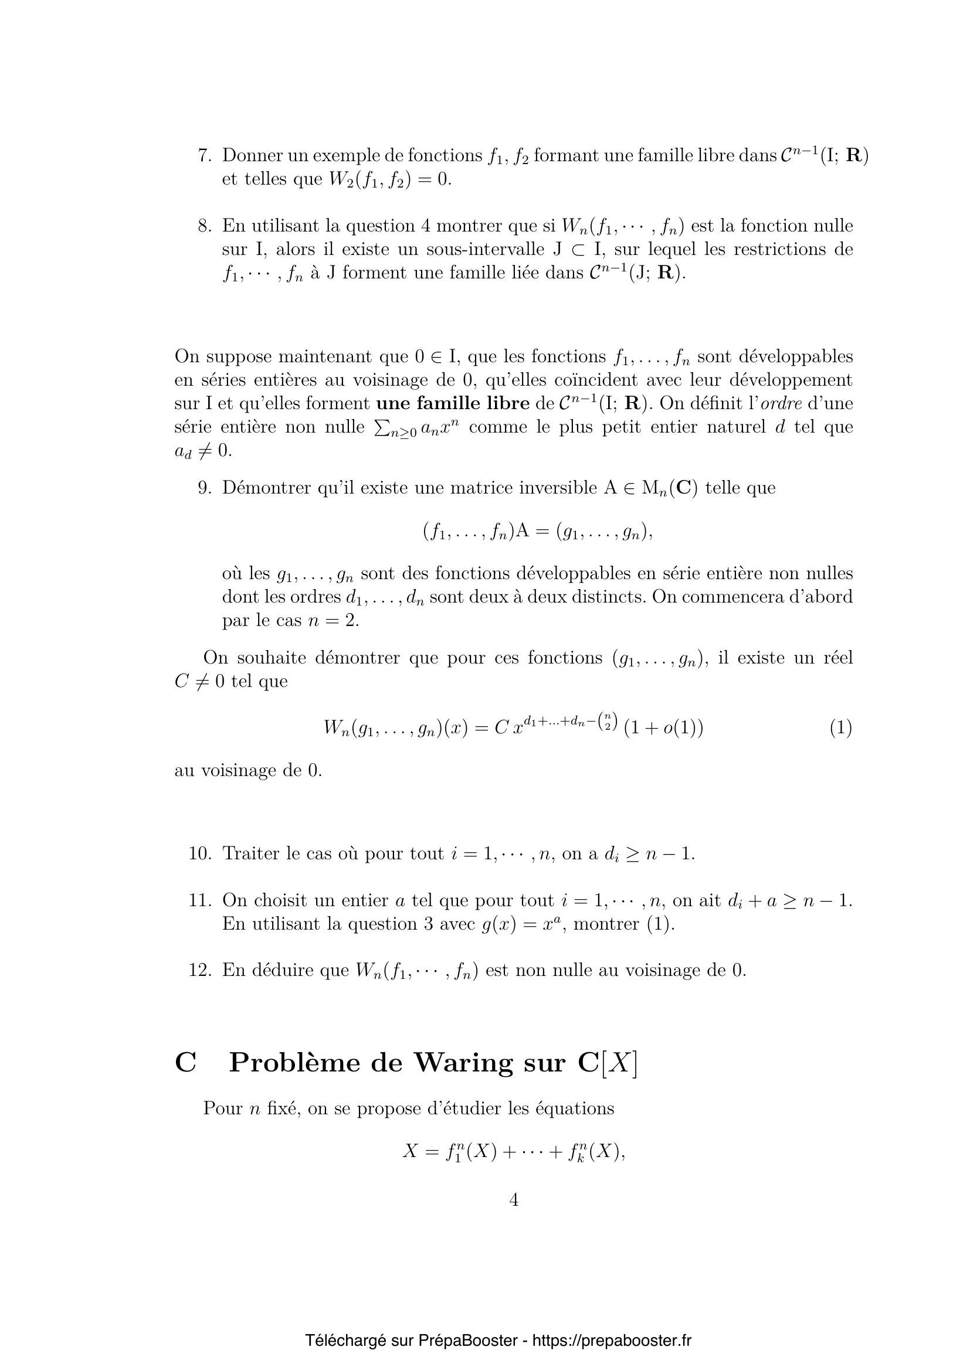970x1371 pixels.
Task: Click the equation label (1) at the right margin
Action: [840, 728]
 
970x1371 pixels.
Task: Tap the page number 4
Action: [514, 1200]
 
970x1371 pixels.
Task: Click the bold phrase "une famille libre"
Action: [453, 404]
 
